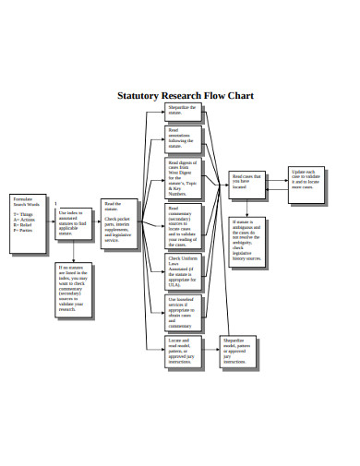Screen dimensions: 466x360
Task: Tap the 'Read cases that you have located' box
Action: (247, 182)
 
